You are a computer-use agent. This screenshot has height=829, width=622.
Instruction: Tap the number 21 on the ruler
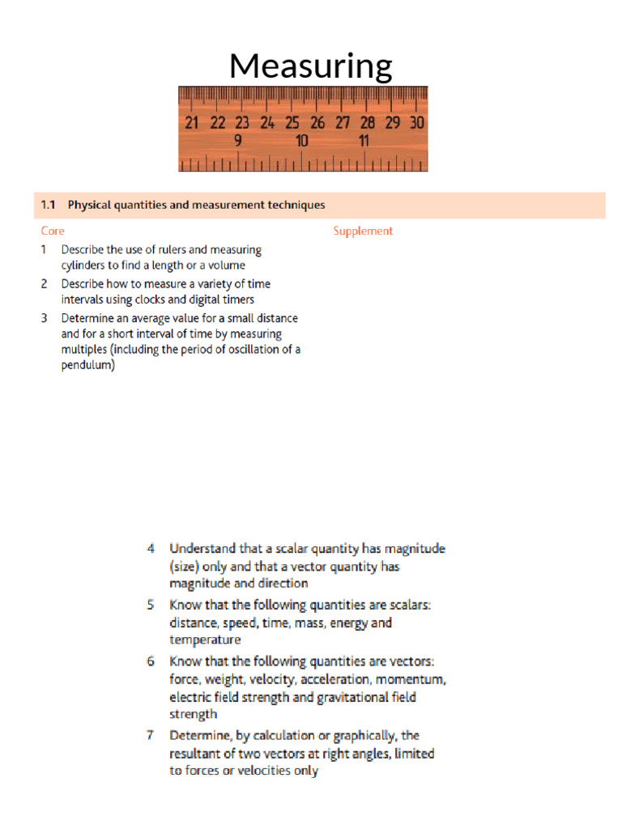pyautogui.click(x=192, y=123)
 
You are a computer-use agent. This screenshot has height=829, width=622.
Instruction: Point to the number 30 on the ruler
pyautogui.click(x=417, y=123)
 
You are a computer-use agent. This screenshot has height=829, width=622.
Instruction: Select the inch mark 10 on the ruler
pyautogui.click(x=302, y=141)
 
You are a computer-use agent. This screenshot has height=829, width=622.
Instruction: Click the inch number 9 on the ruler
pyautogui.click(x=238, y=141)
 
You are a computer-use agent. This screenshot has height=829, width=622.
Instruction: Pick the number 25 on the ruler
pyautogui.click(x=292, y=123)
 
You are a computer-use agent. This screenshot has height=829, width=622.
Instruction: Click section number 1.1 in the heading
pyautogui.click(x=48, y=205)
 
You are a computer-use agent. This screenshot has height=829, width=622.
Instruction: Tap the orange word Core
pyautogui.click(x=53, y=231)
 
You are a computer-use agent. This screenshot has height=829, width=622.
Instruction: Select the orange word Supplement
pyautogui.click(x=363, y=231)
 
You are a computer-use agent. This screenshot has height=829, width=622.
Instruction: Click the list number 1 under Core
pyautogui.click(x=45, y=250)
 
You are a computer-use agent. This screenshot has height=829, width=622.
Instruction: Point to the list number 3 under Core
pyautogui.click(x=45, y=317)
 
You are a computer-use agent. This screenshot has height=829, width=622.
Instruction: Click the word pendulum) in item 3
pyautogui.click(x=87, y=365)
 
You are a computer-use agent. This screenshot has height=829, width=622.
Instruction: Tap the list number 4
pyautogui.click(x=151, y=548)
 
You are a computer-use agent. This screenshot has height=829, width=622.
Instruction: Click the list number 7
pyautogui.click(x=151, y=735)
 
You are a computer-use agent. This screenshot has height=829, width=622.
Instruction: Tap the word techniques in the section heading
pyautogui.click(x=296, y=205)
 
